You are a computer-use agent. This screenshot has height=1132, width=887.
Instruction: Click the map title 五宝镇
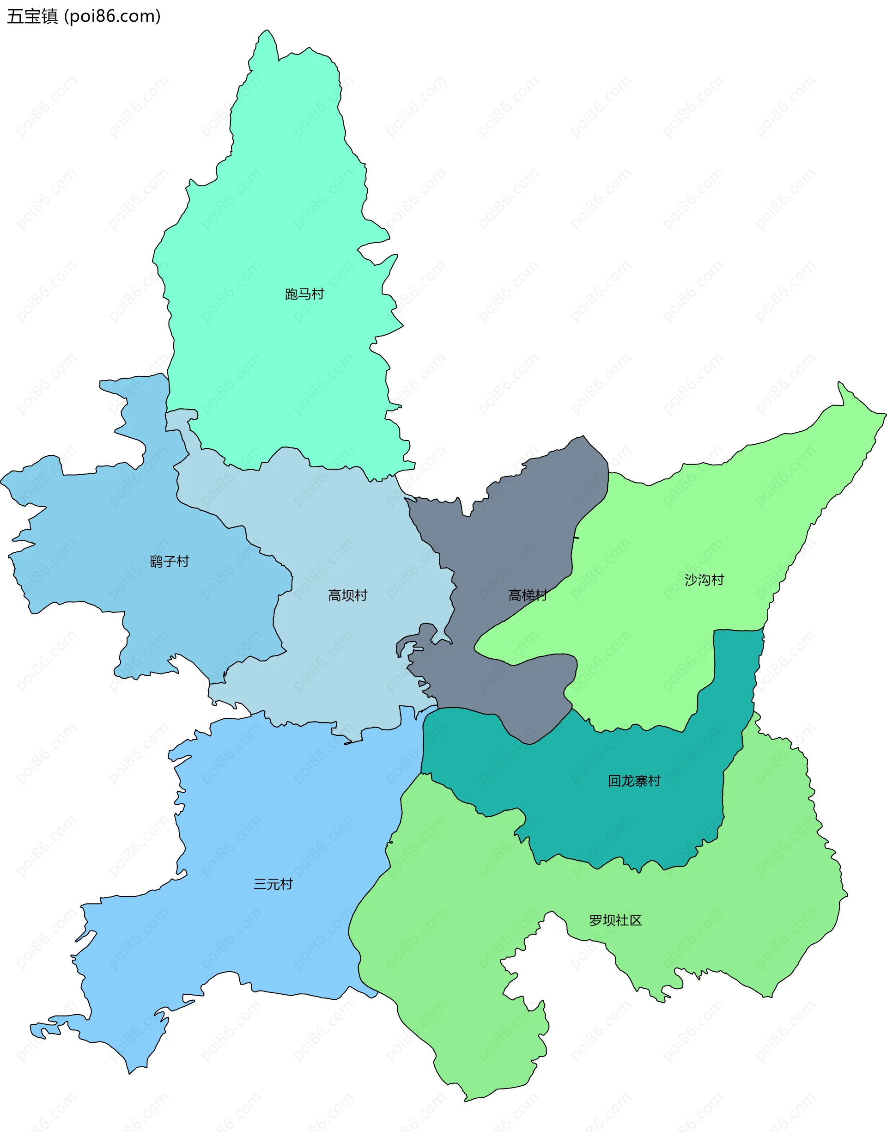[32, 17]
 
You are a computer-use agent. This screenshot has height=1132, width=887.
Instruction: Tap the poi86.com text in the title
[112, 17]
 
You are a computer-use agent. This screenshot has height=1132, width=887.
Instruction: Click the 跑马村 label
[304, 294]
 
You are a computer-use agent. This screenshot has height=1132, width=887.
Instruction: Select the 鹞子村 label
[169, 562]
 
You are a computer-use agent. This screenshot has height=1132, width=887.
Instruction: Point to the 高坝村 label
[347, 595]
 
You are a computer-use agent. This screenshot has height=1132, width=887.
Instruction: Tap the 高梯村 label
[527, 595]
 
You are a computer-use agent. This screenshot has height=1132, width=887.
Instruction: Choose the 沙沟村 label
[704, 580]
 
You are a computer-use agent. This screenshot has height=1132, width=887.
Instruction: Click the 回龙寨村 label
[634, 781]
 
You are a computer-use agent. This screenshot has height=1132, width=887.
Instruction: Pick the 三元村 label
[273, 884]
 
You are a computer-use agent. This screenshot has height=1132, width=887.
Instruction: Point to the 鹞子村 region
[104, 520]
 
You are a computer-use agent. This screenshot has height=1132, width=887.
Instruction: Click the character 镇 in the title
[50, 17]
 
